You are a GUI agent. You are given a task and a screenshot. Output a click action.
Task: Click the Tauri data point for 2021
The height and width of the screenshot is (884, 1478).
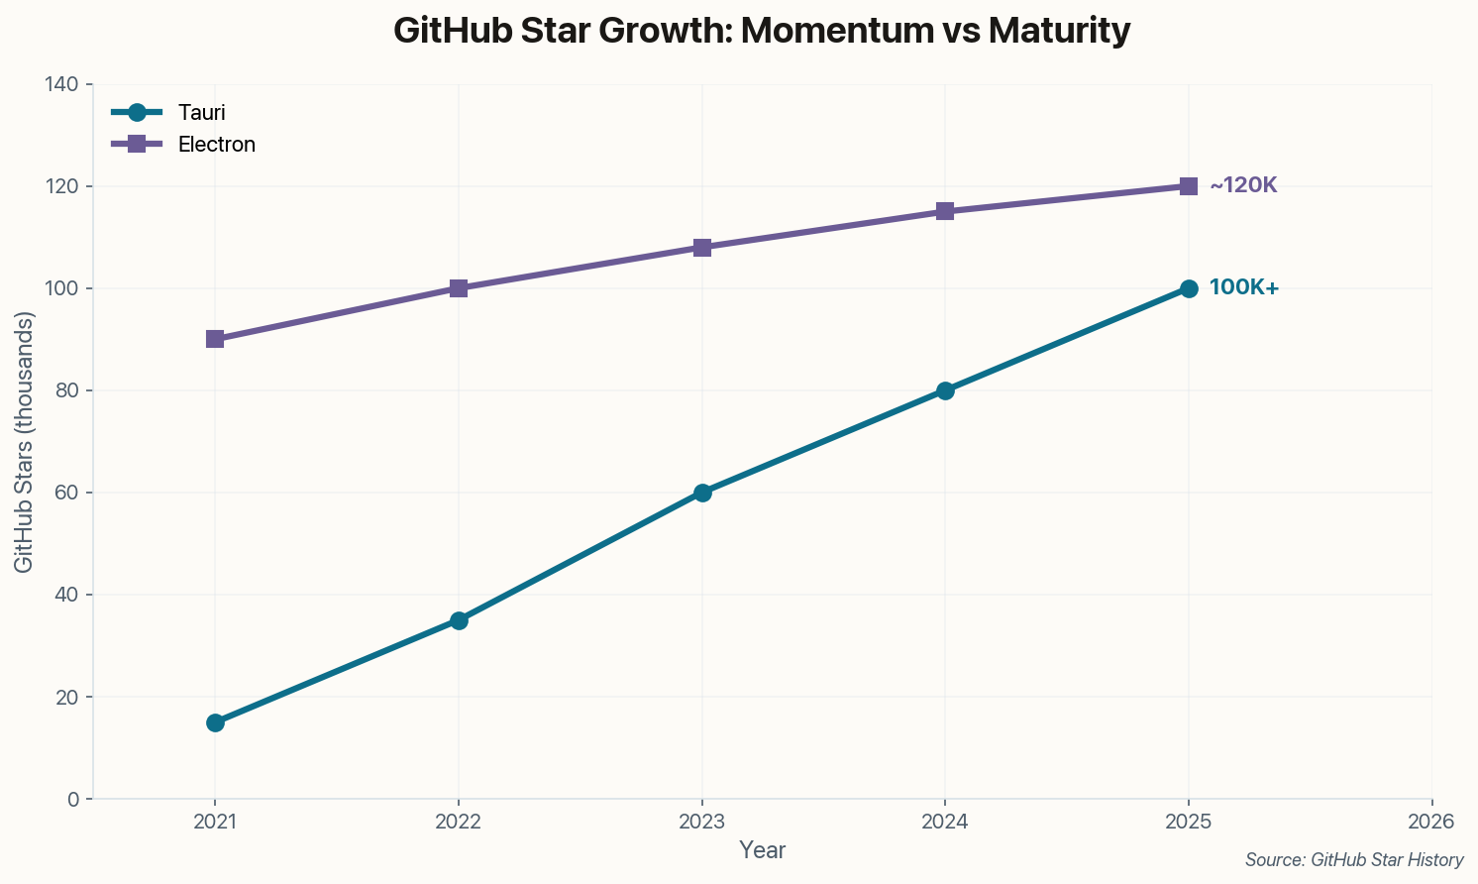215,722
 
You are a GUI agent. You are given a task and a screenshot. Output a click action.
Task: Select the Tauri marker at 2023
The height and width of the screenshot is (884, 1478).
702,493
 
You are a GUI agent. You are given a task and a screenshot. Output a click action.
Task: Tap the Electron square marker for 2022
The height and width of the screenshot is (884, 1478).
459,288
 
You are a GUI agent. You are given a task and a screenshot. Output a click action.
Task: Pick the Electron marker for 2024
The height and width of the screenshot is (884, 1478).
945,211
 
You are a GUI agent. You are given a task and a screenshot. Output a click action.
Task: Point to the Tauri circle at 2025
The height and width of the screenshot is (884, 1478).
1189,288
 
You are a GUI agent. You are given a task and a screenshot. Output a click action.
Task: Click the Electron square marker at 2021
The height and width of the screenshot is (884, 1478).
215,339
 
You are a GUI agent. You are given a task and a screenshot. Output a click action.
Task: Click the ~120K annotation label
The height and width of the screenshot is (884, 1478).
1243,185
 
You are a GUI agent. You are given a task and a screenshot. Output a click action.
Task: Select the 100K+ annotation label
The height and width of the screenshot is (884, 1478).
1244,287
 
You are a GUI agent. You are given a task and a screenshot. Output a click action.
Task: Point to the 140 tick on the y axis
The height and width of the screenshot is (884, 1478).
61,85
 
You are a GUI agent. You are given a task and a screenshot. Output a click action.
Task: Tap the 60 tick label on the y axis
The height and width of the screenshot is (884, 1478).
65,493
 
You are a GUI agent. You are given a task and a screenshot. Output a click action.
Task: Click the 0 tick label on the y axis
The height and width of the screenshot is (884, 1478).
72,799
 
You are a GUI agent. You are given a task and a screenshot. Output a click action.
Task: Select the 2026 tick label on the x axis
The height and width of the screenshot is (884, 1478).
1431,822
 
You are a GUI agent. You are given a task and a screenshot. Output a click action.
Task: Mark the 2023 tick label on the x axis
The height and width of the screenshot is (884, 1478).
702,822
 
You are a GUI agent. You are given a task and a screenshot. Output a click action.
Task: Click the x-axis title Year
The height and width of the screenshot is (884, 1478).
763,850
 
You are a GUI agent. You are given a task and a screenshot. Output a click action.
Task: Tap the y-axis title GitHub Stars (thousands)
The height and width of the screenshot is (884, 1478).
25,442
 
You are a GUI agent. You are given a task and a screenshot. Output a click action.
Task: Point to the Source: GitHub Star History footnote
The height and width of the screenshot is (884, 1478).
1354,860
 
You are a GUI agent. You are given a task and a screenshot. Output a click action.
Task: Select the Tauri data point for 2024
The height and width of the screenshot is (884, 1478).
945,390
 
